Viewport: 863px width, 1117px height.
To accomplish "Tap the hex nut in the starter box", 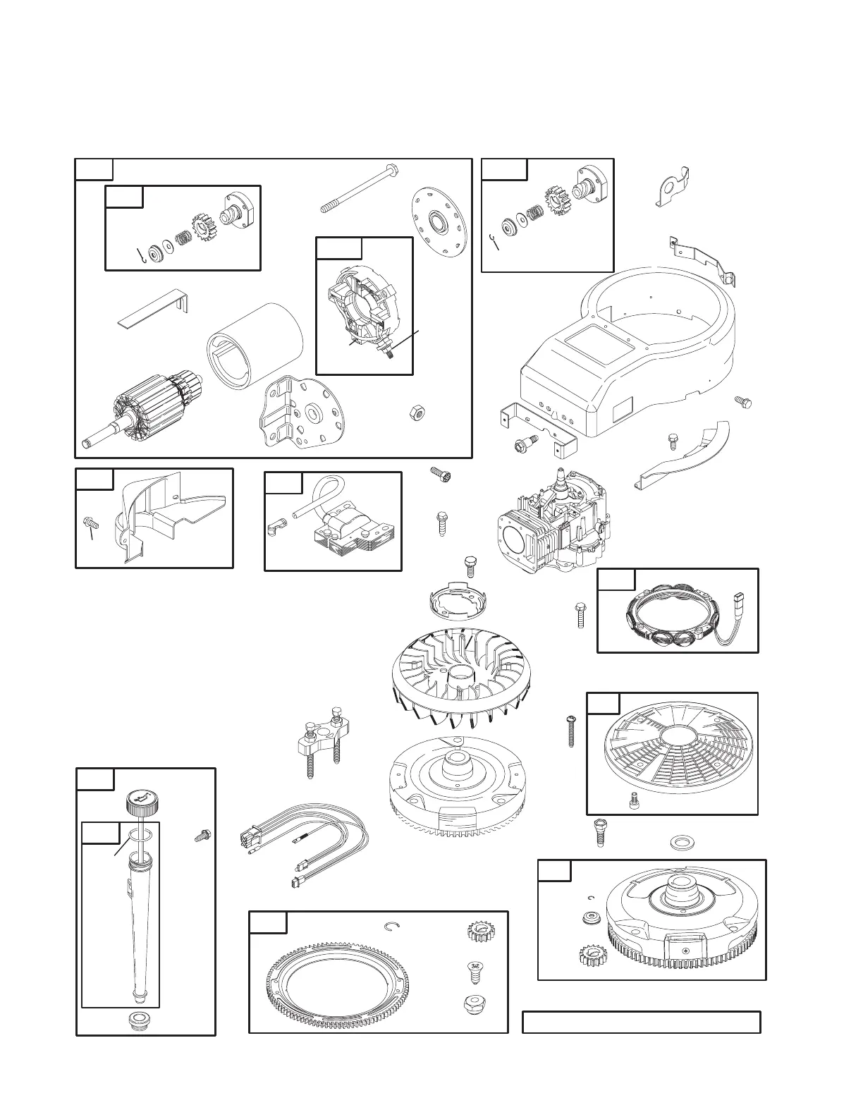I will pos(417,413).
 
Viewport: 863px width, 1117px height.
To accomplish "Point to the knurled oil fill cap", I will pos(142,802).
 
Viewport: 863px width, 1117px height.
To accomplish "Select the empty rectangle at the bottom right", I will pos(641,1022).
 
